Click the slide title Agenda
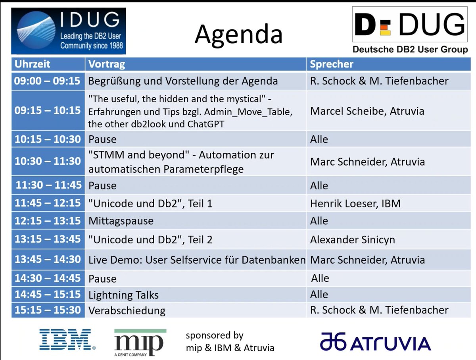point(238,34)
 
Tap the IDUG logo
point(68,31)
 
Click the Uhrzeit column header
point(33,64)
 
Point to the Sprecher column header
point(332,64)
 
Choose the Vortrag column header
point(107,64)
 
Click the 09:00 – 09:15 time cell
point(47,81)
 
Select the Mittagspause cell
point(121,221)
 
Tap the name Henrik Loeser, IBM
point(355,204)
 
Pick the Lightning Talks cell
point(123,295)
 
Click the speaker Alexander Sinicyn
point(353,240)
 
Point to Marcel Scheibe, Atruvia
point(367,111)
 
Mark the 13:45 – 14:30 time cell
point(47,259)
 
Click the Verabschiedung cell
point(127,310)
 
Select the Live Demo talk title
point(197,260)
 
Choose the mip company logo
point(140,342)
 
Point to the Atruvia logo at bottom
point(375,343)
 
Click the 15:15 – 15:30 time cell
point(47,310)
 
